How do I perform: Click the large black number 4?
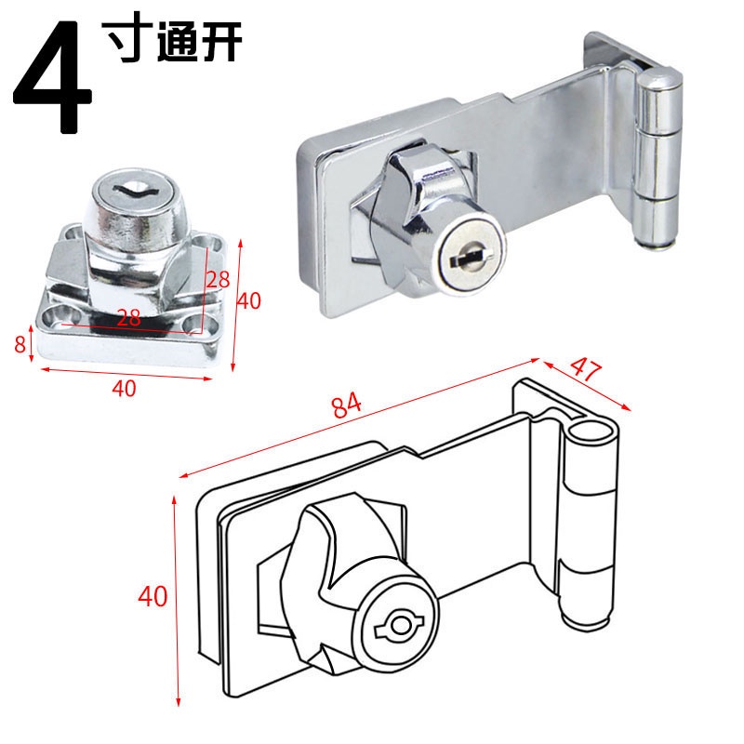click(51, 77)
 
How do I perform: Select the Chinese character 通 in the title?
click(177, 42)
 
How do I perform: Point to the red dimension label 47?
click(586, 368)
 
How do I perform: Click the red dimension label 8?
click(20, 344)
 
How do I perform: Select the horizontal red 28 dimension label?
click(128, 317)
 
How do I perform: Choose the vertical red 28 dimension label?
click(218, 280)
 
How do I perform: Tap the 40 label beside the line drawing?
click(153, 596)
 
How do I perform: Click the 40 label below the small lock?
click(124, 388)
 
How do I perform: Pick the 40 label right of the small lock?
click(248, 300)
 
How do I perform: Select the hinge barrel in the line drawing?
click(591, 522)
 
